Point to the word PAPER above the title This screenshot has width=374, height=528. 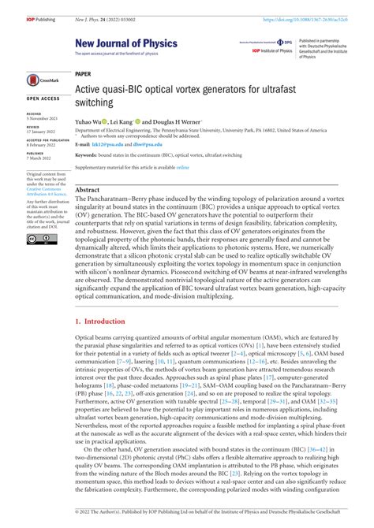pyautogui.click(x=83, y=73)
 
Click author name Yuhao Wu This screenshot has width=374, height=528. pyautogui.click(x=90, y=122)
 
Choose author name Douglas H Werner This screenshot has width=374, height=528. pyautogui.click(x=175, y=122)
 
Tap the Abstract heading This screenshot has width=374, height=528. pyautogui.click(x=87, y=191)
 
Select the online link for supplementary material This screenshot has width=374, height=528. pyautogui.click(x=182, y=167)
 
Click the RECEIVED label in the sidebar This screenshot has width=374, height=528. pyautogui.click(x=35, y=113)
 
